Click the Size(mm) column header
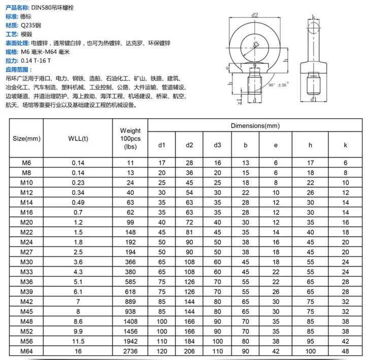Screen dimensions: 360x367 click(x=26, y=137)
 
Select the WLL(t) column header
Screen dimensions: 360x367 click(x=78, y=137)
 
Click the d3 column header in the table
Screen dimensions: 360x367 click(x=217, y=146)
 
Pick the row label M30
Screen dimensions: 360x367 click(x=26, y=262)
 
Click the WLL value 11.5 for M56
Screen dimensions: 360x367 click(x=78, y=341)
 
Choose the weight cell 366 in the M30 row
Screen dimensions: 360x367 click(x=130, y=262)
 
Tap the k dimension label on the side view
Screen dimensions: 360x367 click(x=314, y=18)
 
